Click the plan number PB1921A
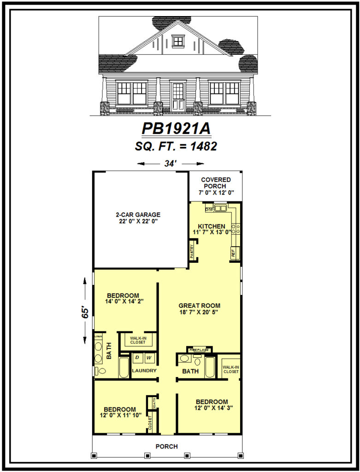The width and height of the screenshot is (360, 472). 176,129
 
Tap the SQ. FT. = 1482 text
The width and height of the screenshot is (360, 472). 176,147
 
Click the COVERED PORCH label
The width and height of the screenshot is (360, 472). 216,186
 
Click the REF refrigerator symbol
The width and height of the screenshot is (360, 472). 233,253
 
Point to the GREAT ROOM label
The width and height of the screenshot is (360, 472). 199,308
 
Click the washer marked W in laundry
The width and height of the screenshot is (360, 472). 149,358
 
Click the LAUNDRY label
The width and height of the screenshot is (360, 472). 144,371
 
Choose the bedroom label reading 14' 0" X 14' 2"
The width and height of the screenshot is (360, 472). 123,299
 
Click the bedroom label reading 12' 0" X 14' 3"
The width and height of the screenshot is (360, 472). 212,405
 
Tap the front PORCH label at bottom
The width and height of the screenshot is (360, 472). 166,446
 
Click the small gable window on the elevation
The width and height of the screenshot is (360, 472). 178,41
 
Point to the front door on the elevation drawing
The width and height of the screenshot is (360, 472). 177,96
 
